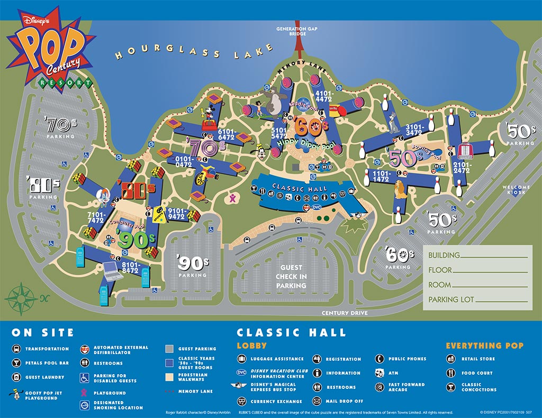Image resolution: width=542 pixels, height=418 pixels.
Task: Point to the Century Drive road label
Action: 345,313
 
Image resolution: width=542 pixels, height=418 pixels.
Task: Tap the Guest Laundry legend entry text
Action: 44,377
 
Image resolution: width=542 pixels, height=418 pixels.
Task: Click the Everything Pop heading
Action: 484,346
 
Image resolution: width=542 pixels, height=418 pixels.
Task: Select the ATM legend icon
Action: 380,373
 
